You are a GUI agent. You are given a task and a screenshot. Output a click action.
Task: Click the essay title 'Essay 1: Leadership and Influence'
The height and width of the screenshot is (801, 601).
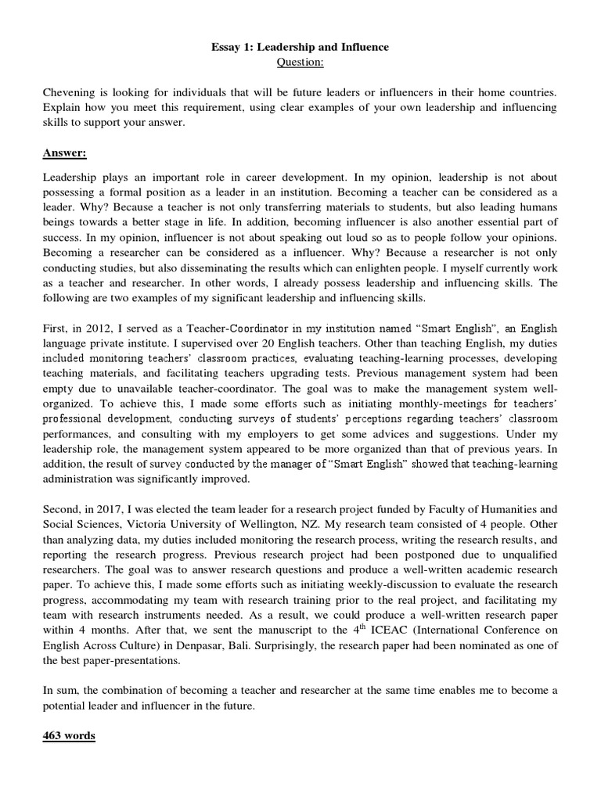pyautogui.click(x=300, y=48)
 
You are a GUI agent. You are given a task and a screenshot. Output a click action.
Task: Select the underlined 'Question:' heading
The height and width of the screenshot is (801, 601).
pyautogui.click(x=300, y=62)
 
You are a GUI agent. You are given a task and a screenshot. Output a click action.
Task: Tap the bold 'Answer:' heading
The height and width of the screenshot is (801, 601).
pyautogui.click(x=65, y=154)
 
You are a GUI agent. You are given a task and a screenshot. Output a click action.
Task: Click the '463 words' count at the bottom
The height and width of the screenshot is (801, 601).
pyautogui.click(x=69, y=737)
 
